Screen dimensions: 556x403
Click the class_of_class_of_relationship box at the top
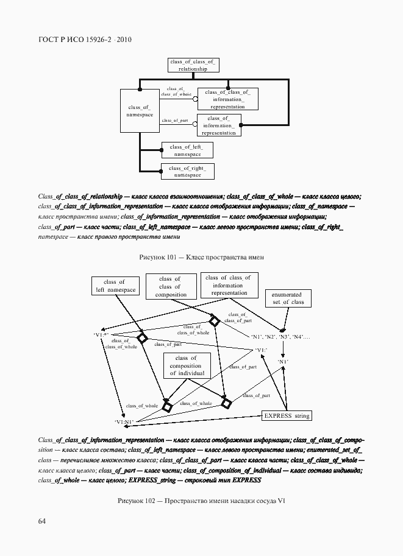193,66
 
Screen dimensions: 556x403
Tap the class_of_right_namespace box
187,171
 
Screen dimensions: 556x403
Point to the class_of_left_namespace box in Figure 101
187,150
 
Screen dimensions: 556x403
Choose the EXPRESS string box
287,416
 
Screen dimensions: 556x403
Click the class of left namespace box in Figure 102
114,286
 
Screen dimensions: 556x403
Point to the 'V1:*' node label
101,335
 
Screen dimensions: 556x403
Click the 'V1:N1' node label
123,421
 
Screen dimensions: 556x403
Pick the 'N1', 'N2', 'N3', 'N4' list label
280,337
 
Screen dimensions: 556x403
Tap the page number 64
42,521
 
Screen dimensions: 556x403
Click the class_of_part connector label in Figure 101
175,121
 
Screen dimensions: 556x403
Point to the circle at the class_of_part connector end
195,124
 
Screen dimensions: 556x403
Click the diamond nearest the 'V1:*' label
142,339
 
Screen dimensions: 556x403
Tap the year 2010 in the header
124,40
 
